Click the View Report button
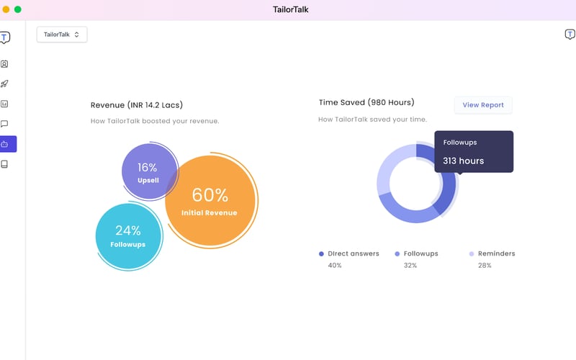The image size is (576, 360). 483,105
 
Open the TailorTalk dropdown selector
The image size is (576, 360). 62,35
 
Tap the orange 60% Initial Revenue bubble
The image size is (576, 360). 210,202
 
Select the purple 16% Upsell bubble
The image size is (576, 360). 148,172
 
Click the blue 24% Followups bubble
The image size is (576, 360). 127,237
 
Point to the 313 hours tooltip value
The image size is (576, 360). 463,161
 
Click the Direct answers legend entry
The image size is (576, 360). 348,253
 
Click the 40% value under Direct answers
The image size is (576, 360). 335,266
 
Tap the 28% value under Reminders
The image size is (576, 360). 485,266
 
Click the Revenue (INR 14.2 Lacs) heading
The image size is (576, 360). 142,105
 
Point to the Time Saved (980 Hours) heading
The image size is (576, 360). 366,102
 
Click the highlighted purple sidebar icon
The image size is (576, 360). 5,144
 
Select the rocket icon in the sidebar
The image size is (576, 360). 5,84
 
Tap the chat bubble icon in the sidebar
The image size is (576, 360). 5,124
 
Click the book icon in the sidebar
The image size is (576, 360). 5,164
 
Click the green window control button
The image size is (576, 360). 18,9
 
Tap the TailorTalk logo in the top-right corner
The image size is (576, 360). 570,35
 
